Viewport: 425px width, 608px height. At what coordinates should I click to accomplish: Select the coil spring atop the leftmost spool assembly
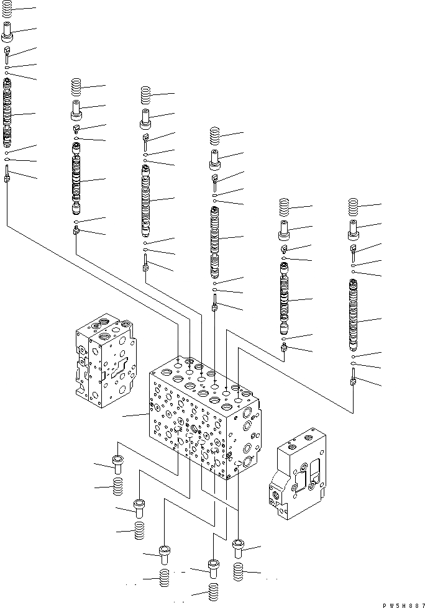(7, 11)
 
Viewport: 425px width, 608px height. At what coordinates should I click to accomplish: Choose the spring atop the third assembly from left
(145, 94)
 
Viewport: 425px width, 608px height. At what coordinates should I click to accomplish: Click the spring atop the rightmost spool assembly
(354, 206)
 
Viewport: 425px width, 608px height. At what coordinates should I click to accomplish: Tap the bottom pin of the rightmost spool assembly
(354, 378)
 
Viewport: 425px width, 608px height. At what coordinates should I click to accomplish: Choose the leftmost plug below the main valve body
(117, 462)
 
